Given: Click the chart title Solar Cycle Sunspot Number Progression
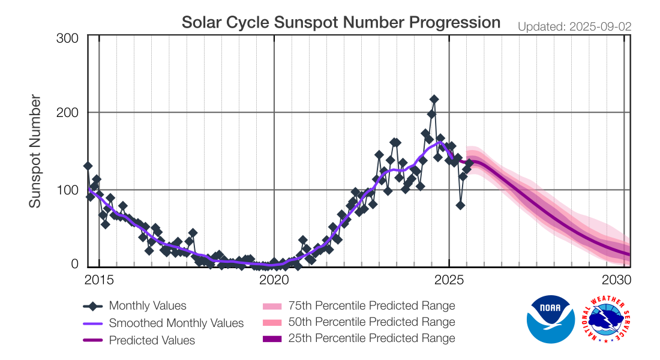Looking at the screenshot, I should [x=341, y=23].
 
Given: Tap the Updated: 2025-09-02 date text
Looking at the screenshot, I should [x=574, y=27].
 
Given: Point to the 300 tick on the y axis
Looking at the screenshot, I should [x=67, y=38].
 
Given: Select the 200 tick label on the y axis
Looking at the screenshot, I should [x=67, y=113].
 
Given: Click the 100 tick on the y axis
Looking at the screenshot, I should [x=67, y=190].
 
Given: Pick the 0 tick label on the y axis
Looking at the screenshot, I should [x=74, y=264].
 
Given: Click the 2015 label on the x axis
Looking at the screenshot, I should [x=98, y=280].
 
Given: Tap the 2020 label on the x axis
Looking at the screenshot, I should [x=274, y=280].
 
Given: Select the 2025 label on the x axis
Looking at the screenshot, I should [x=449, y=280].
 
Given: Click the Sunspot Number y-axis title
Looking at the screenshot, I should [x=36, y=151].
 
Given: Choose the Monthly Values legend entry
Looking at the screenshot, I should [x=148, y=306].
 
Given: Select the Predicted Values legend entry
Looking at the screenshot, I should [x=152, y=340].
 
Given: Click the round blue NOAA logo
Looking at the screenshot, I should [x=551, y=319].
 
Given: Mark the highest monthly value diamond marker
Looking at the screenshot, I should [x=434, y=100].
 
